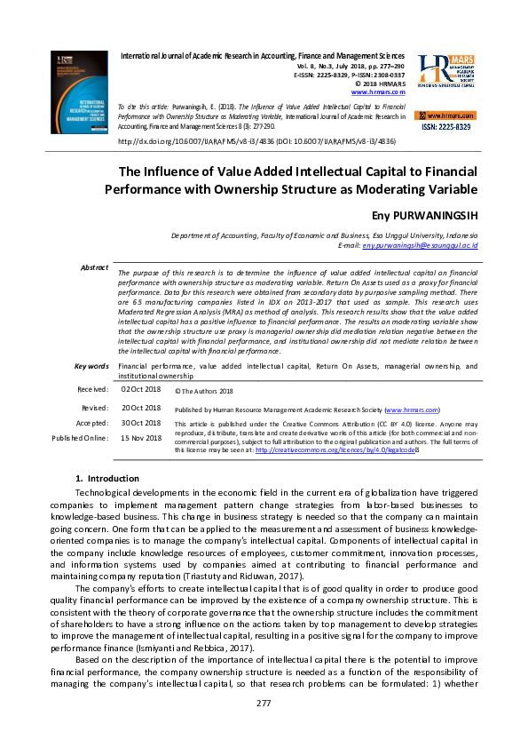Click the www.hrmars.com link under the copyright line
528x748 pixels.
[x=378, y=92]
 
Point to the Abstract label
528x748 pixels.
[x=94, y=267]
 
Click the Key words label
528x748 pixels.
[x=91, y=366]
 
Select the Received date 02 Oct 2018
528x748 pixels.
[x=140, y=389]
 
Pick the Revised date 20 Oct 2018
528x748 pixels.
[x=140, y=407]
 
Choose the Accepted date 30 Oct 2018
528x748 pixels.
[x=140, y=423]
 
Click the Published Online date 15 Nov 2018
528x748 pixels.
[x=140, y=438]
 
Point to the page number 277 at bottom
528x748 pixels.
[x=264, y=704]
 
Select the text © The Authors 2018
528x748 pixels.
[x=203, y=390]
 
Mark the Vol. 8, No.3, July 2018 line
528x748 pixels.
[x=349, y=66]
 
